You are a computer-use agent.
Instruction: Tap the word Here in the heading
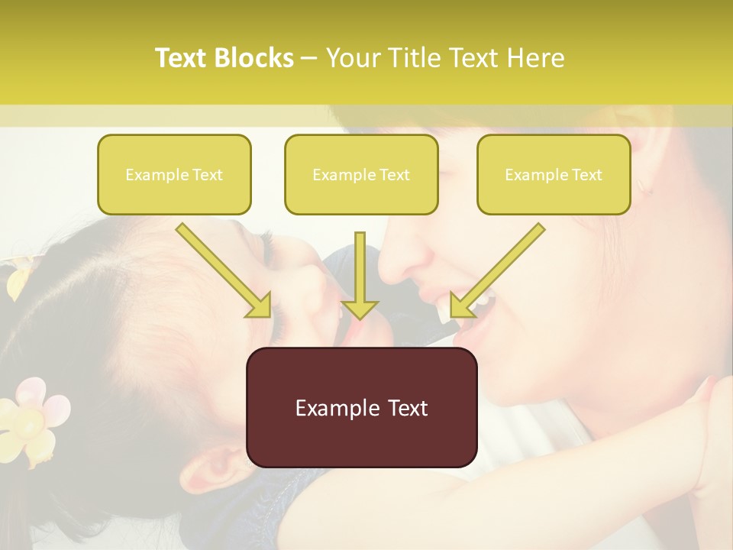pos(533,58)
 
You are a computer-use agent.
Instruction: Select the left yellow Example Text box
pos(174,174)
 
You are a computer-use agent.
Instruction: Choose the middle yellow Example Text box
pos(361,174)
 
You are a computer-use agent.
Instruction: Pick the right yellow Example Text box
pos(554,174)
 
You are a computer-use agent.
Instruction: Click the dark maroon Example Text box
pos(361,407)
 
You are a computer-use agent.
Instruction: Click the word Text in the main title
pos(182,58)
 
